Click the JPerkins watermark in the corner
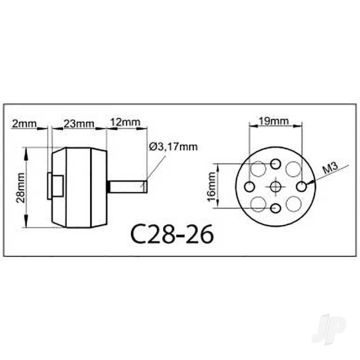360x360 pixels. pyautogui.click(x=341, y=341)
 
